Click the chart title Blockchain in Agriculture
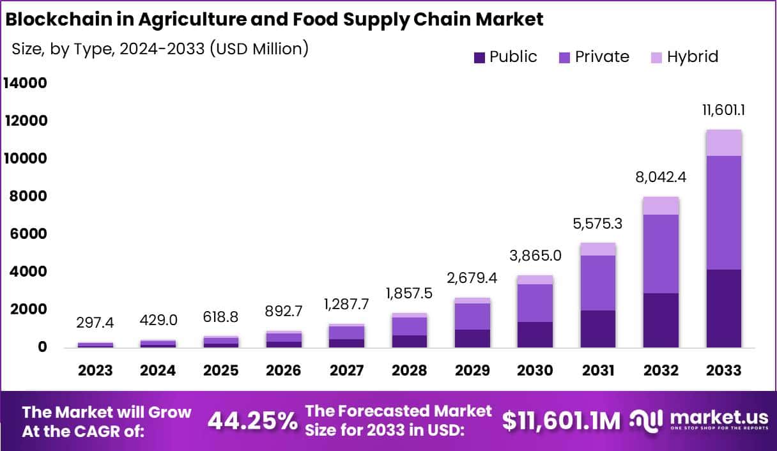pyautogui.click(x=274, y=19)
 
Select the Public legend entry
pyautogui.click(x=505, y=57)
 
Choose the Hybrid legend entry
pyautogui.click(x=683, y=57)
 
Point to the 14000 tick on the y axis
pyautogui.click(x=25, y=83)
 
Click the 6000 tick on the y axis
pyautogui.click(x=25, y=234)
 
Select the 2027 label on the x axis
pyautogui.click(x=346, y=371)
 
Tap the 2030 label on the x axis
pyautogui.click(x=535, y=371)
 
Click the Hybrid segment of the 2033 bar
pyautogui.click(x=723, y=142)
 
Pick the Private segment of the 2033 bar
pyautogui.click(x=723, y=213)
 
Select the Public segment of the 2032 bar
pyautogui.click(x=661, y=320)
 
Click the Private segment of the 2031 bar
pyautogui.click(x=597, y=283)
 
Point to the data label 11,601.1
pyautogui.click(x=723, y=110)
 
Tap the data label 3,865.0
pyautogui.click(x=535, y=256)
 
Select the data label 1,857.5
pyautogui.click(x=409, y=294)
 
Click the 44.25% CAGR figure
pyautogui.click(x=252, y=421)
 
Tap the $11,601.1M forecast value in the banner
pyautogui.click(x=561, y=421)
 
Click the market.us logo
pyautogui.click(x=700, y=420)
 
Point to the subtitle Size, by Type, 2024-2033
pyautogui.click(x=160, y=49)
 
